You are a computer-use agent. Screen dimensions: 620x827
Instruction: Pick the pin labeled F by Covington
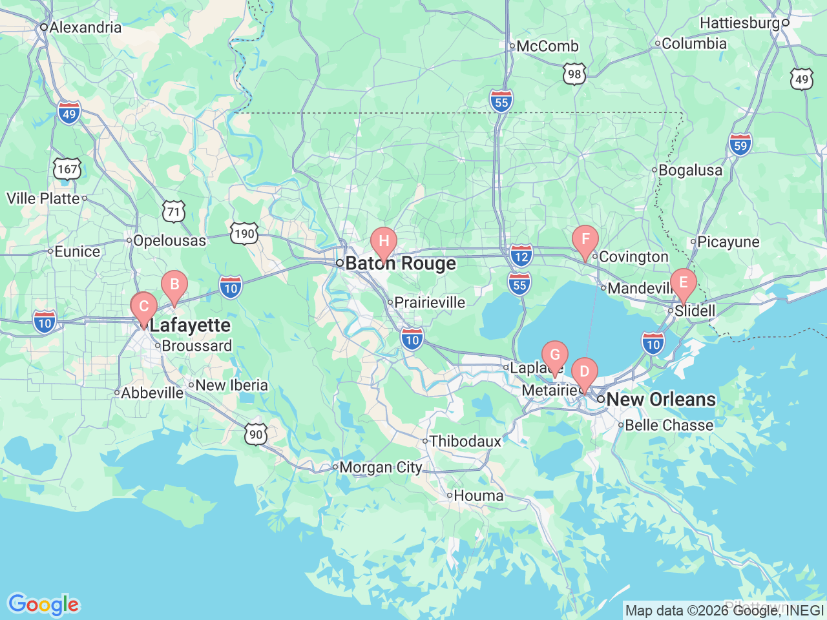[x=585, y=240]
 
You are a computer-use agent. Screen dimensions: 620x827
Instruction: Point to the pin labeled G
[x=554, y=356]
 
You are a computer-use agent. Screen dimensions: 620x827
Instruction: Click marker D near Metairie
[x=584, y=373]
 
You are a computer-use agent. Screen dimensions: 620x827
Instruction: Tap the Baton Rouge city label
[x=401, y=263]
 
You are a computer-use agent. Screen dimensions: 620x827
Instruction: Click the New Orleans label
[x=661, y=400]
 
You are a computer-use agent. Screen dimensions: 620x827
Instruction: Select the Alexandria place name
[x=85, y=27]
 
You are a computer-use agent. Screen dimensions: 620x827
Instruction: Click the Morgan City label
[x=381, y=467]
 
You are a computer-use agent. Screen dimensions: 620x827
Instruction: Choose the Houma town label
[x=479, y=495]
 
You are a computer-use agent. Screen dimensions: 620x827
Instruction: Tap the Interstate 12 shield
[x=521, y=255]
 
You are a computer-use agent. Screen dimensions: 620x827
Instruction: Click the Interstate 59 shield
[x=740, y=145]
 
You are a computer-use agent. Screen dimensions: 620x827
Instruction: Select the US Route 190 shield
[x=244, y=232]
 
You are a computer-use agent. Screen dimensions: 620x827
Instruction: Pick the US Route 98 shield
[x=574, y=74]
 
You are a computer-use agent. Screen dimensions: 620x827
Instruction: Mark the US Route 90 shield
[x=256, y=434]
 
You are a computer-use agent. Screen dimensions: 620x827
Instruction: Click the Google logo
[x=43, y=604]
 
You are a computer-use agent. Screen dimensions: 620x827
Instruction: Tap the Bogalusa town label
[x=690, y=170]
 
